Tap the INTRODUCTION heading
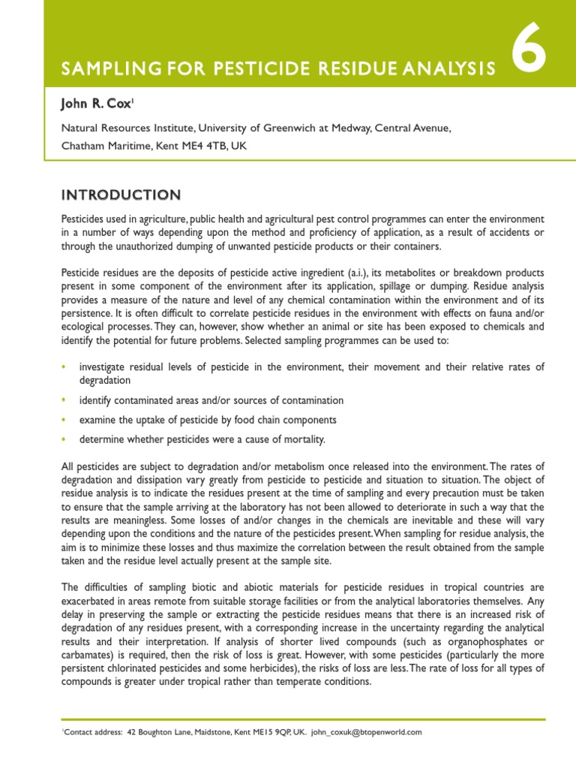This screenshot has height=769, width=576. click(x=120, y=195)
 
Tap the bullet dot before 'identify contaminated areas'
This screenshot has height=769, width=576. click(x=64, y=400)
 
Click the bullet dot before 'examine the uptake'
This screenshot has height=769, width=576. click(x=64, y=420)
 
